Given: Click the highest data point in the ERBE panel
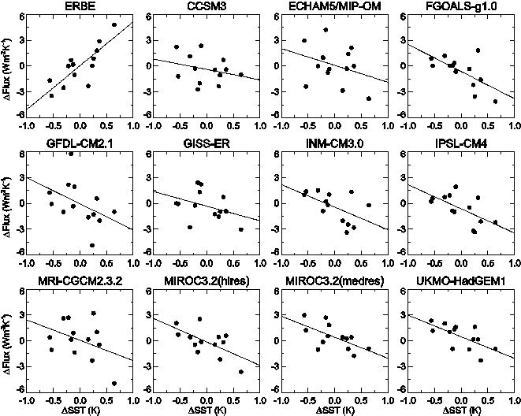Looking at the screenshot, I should point(114,24).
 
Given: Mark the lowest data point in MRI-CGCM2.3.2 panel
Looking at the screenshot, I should point(114,384).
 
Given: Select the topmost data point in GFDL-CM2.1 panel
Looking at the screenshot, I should point(71,153).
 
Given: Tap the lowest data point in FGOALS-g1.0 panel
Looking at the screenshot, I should point(495,102).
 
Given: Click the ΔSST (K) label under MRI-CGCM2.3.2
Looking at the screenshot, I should point(78,410).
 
